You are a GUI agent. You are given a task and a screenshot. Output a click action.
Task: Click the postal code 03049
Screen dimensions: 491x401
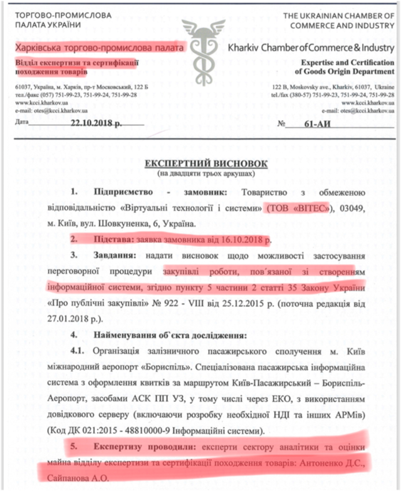(x=352, y=208)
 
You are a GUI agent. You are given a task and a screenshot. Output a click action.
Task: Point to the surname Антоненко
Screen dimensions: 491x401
(x=331, y=462)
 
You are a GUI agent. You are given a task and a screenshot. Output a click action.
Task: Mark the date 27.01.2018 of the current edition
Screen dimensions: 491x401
(x=65, y=318)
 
